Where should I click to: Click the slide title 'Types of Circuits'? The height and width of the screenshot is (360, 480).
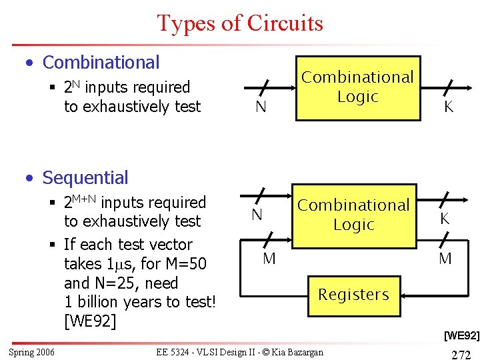coord(240,23)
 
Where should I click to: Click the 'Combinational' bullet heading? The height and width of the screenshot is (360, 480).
coord(101,63)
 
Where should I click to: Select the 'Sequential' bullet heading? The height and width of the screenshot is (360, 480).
coord(85,178)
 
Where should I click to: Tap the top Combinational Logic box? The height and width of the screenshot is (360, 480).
coord(358,87)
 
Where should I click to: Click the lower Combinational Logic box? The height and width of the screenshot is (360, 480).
coord(353,215)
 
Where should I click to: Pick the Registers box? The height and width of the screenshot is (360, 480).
coord(353,294)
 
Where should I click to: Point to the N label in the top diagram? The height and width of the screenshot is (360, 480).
coord(261,107)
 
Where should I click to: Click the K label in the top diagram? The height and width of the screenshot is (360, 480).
coord(449,107)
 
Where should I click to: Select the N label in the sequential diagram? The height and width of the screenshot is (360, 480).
coord(257,215)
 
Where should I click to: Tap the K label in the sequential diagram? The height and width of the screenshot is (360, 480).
coord(444,219)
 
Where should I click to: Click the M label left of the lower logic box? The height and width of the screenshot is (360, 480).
coord(269,259)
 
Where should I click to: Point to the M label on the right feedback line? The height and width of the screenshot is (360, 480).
coord(445,259)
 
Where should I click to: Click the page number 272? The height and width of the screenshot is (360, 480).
coord(461,354)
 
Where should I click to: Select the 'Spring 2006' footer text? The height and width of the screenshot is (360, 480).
coord(31,352)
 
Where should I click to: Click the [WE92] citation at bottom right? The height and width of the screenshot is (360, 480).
coord(461,335)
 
